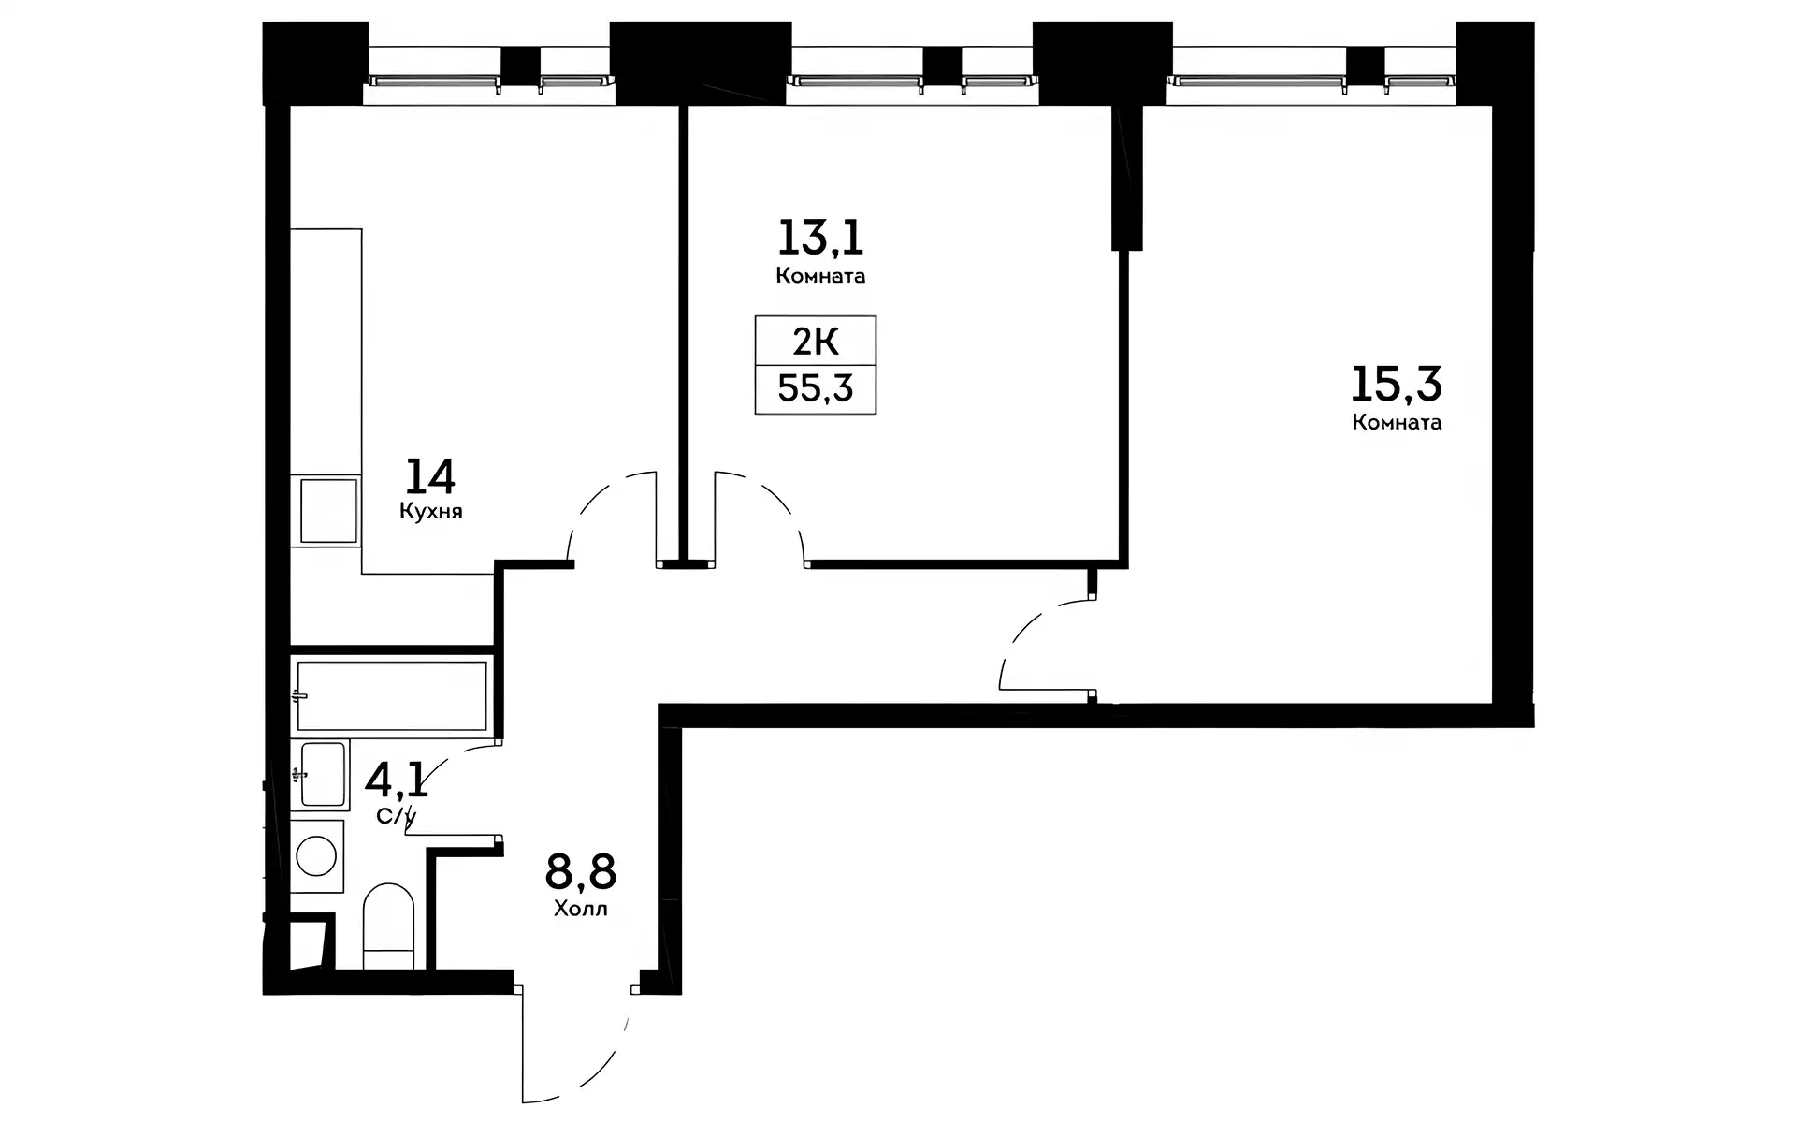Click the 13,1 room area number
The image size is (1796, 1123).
tap(820, 238)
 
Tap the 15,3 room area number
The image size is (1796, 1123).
tap(1397, 384)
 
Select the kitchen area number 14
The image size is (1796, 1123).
tap(430, 476)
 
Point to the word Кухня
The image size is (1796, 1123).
tap(431, 512)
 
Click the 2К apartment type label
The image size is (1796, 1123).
tap(816, 343)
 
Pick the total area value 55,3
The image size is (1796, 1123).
tap(816, 387)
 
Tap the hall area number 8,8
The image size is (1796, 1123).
tap(581, 872)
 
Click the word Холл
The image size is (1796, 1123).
tap(581, 909)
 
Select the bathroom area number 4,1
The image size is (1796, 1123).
tap(397, 779)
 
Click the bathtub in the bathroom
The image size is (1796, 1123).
tap(391, 695)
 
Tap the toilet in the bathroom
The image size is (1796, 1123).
tap(388, 926)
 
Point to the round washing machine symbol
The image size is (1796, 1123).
tap(316, 856)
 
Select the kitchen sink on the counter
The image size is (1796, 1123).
tap(327, 510)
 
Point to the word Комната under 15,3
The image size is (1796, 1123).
tap(1397, 422)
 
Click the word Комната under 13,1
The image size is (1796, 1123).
tap(820, 276)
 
